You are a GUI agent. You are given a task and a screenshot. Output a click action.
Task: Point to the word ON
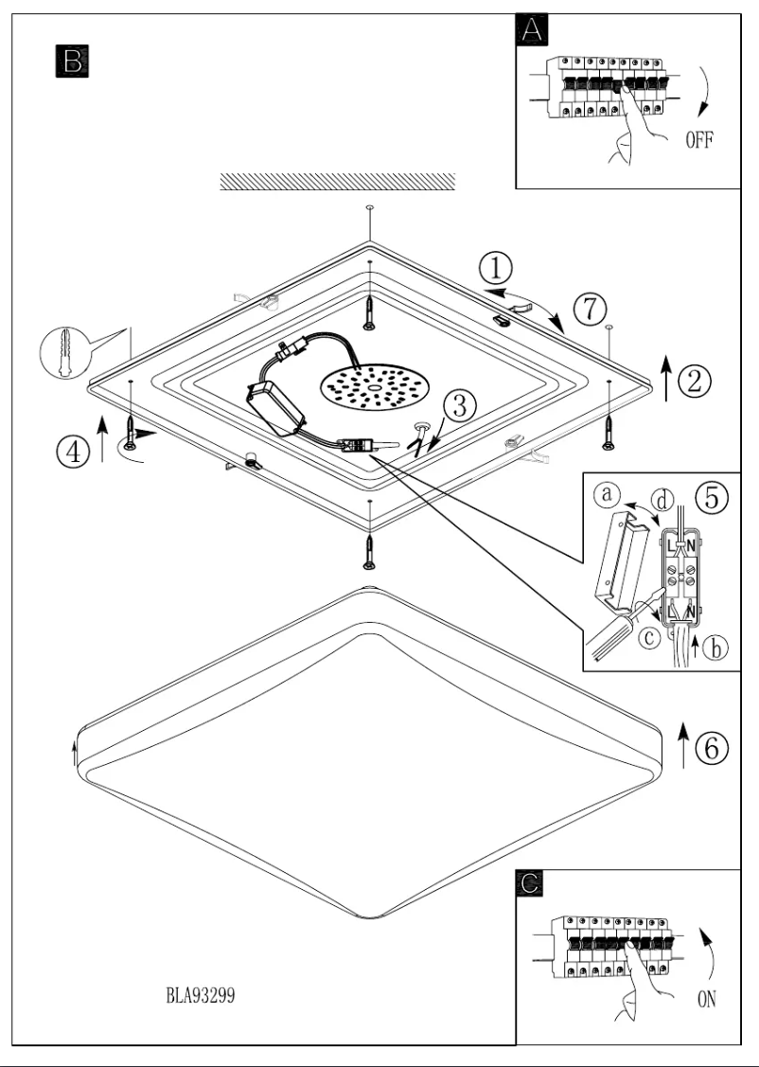pos(706,999)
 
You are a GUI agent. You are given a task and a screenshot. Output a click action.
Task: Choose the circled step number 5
pos(712,496)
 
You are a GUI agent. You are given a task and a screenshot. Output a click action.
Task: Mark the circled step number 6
pos(711,747)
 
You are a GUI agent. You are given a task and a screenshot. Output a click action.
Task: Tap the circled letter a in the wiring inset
pos(609,494)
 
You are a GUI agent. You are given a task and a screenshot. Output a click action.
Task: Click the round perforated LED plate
pos(374,389)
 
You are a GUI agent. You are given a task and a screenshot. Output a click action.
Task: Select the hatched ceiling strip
pos(338,182)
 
